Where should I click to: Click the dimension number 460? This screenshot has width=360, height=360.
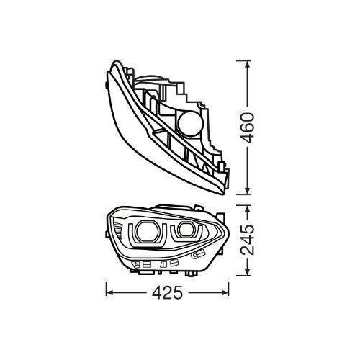pyautogui.click(x=248, y=129)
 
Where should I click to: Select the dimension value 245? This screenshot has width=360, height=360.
pyautogui.click(x=248, y=240)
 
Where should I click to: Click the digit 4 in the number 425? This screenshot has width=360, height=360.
pyautogui.click(x=156, y=293)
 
